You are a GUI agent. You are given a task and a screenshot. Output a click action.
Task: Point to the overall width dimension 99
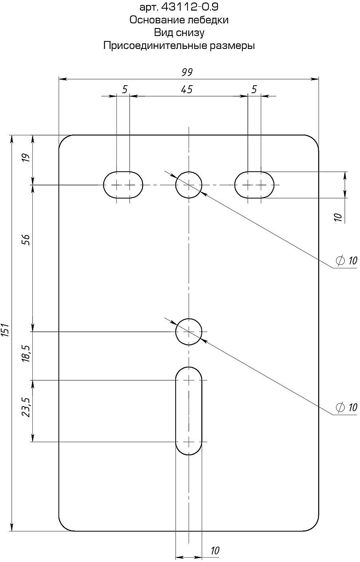(x=187, y=72)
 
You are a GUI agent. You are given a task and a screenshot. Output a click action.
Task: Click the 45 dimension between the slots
(x=187, y=90)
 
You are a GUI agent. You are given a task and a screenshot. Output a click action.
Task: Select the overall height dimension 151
(x=5, y=331)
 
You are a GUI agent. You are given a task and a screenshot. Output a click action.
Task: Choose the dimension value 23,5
(x=26, y=407)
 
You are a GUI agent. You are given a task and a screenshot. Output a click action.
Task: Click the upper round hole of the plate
(x=189, y=185)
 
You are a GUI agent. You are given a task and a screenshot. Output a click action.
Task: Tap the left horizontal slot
(x=123, y=185)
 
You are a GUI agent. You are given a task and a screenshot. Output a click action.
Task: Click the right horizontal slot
(x=254, y=185)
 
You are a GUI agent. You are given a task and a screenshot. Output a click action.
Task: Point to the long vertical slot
(x=189, y=410)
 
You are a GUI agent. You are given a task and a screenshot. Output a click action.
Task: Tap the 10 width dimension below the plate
(x=215, y=551)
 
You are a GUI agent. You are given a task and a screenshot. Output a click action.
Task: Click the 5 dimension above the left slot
(x=124, y=90)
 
